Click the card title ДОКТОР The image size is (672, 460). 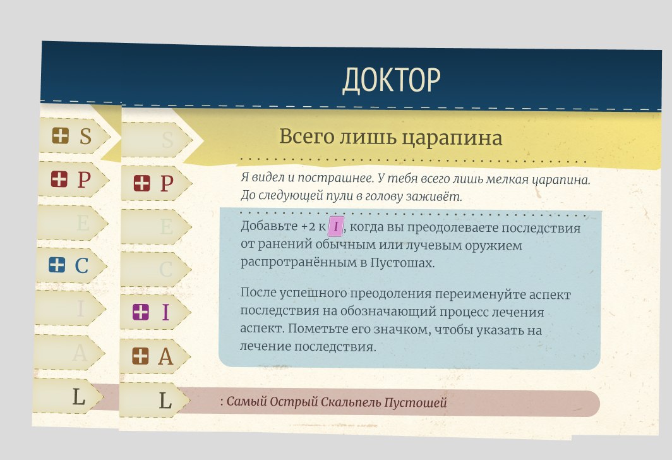tap(392, 80)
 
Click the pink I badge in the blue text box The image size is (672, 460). tap(335, 226)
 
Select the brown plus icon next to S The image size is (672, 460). tap(61, 135)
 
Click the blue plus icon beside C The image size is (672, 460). tap(57, 265)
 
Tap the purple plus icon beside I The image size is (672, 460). tap(141, 312)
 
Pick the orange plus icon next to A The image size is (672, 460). tap(140, 356)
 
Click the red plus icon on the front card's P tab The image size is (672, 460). tap(142, 183)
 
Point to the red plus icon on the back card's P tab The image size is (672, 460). tap(59, 179)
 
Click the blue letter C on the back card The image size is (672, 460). tap(81, 266)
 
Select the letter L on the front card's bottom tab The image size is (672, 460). tap(165, 401)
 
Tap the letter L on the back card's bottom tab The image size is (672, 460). tap(78, 397)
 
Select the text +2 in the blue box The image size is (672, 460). tap(309, 226)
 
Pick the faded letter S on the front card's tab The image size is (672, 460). tap(167, 140)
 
